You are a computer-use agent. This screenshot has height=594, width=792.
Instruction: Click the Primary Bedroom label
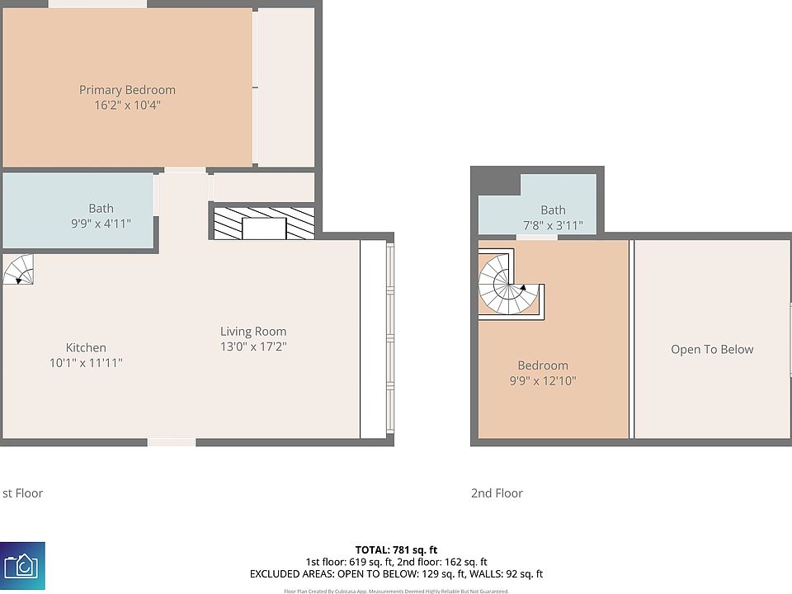127,90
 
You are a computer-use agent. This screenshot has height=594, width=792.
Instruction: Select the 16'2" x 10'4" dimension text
127,105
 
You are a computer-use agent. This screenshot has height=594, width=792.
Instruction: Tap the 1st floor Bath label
101,209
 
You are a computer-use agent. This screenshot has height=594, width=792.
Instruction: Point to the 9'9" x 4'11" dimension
101,224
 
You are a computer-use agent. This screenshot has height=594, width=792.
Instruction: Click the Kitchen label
86,347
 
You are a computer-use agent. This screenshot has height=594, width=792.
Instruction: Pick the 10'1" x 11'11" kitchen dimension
86,362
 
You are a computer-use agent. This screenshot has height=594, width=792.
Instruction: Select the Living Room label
253,332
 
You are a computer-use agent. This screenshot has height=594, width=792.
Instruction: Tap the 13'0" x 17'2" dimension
253,346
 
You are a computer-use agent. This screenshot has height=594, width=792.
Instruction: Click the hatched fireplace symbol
264,224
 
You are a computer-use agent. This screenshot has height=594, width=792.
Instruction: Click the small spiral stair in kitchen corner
18,270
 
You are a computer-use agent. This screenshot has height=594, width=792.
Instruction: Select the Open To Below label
712,349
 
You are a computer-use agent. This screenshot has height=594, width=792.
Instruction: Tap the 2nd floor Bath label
553,210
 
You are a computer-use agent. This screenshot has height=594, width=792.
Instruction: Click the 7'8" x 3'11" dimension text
553,225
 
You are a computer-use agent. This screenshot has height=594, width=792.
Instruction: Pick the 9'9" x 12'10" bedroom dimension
543,380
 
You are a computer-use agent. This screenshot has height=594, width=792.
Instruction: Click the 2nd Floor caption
497,493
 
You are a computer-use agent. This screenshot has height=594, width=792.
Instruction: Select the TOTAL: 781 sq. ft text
396,549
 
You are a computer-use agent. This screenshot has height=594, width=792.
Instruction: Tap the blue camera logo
22,566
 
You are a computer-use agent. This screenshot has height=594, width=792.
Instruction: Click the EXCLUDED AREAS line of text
396,573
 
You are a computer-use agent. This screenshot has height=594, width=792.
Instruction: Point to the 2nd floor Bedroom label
543,365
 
